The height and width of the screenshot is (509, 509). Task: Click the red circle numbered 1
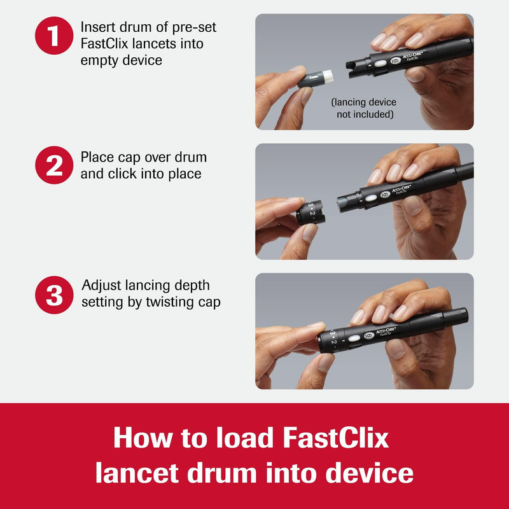click(54, 36)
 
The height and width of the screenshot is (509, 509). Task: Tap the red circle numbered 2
click(54, 165)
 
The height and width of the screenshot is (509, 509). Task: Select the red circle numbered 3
click(54, 295)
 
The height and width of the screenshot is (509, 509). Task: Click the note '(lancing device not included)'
click(364, 108)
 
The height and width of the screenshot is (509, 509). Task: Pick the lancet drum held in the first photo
click(315, 79)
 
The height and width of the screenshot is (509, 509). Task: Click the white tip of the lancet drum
click(327, 76)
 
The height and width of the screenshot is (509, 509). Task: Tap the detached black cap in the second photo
click(310, 213)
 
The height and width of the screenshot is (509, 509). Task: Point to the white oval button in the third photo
click(354, 338)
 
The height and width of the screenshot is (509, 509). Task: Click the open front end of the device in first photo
click(356, 67)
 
